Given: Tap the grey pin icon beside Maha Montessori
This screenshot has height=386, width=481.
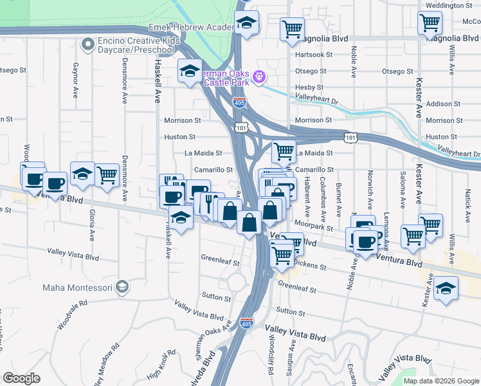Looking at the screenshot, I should point(122,287).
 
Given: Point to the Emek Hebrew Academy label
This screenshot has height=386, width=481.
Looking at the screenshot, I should point(192,28).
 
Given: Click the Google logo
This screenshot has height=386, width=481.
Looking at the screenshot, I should point(21,378).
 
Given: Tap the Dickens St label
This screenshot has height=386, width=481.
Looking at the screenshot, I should point(307,262).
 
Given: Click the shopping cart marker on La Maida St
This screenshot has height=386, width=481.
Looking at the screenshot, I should point(284,152).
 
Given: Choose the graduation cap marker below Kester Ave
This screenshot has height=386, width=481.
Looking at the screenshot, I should point(446,289).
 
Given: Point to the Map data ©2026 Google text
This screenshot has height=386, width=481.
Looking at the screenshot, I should point(441,381).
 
